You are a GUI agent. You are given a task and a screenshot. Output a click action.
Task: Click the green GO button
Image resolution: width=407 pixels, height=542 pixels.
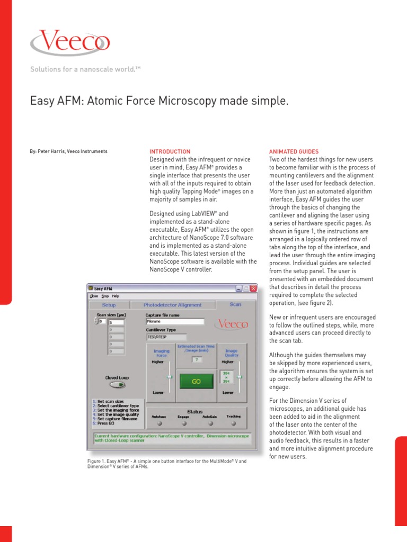pos(196,382)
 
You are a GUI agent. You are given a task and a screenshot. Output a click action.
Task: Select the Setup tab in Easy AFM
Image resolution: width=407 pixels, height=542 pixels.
pos(108,305)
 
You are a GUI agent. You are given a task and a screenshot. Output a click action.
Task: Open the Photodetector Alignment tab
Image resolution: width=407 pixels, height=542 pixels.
pos(172,305)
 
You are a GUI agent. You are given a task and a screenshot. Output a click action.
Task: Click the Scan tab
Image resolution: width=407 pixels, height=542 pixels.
pos(235,304)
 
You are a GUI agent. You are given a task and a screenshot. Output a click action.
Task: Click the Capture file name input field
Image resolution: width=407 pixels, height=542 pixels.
pos(174,321)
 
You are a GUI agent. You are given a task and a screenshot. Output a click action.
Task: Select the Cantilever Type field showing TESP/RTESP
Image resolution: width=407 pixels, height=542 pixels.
pos(166,337)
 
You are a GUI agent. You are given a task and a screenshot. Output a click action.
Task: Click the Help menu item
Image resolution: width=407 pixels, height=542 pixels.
pos(115,296)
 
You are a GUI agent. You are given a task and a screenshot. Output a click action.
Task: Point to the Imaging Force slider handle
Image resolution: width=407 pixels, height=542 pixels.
pos(170,376)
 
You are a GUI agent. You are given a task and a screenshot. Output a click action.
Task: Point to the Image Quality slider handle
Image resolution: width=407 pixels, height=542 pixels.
pos(239,376)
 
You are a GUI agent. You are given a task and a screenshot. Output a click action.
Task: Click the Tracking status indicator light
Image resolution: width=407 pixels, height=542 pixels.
pos(233,423)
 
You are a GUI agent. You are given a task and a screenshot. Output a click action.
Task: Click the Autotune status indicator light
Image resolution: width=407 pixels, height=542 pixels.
pos(158,423)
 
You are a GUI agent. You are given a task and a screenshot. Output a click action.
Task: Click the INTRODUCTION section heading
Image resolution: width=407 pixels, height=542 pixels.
pos(170,151)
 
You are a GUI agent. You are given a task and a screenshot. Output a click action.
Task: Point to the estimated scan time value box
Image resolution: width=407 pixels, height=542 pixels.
pos(197,359)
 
